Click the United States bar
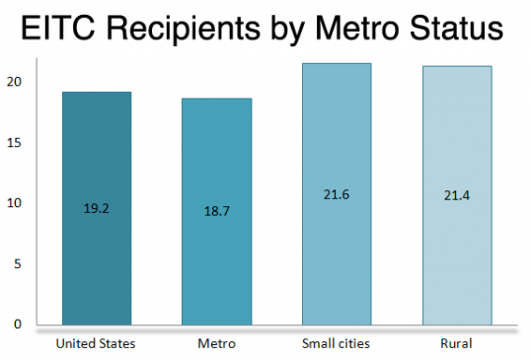tap(97, 208)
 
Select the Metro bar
tap(217, 211)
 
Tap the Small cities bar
tap(337, 194)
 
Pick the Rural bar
tap(457, 195)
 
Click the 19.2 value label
tap(97, 208)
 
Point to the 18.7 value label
tap(217, 211)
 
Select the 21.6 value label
tap(337, 195)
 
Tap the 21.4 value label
tap(457, 196)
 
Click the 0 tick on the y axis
tap(18, 324)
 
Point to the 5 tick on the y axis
tap(18, 264)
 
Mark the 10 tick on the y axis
tap(14, 203)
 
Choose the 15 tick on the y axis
tap(14, 143)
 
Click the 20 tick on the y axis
tap(14, 82)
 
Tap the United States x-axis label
tap(96, 344)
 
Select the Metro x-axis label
tap(217, 344)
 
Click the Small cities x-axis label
tap(336, 344)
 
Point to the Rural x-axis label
tap(456, 344)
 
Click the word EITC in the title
tap(58, 28)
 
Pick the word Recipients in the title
tap(184, 30)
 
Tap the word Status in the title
tap(457, 28)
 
